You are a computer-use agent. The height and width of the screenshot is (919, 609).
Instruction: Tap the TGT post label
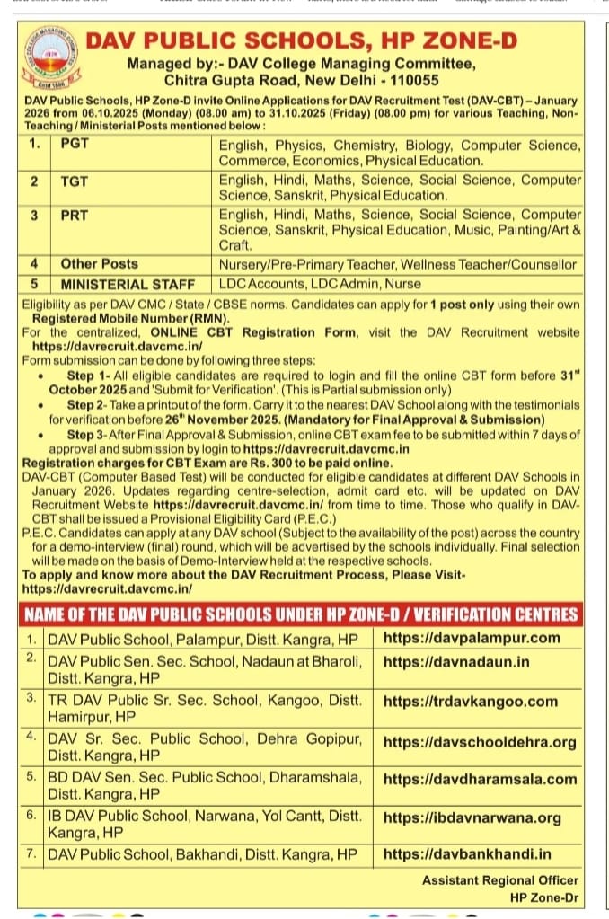point(75,181)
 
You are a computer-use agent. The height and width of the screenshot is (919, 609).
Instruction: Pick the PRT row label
point(75,216)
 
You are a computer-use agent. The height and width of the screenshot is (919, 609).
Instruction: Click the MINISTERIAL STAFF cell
point(128,285)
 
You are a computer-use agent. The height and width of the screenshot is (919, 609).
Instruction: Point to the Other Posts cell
point(100,264)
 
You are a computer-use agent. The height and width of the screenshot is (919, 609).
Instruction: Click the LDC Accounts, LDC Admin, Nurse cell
point(320,285)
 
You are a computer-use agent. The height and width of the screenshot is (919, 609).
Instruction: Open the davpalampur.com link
point(471,638)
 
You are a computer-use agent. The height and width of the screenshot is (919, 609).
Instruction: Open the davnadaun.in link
point(456,662)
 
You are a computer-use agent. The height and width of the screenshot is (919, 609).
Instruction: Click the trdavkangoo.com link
point(471,702)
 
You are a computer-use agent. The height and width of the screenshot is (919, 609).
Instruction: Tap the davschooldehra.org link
point(480,742)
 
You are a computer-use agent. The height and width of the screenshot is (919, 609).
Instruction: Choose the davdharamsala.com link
point(480,780)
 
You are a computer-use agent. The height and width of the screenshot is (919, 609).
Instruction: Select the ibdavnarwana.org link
point(472,817)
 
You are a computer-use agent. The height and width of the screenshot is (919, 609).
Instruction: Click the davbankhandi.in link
point(467,853)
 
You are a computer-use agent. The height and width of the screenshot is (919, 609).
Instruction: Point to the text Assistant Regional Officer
point(500,880)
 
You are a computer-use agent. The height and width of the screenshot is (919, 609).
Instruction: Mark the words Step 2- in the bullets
point(86,406)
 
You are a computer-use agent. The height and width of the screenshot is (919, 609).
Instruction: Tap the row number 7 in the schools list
point(31,853)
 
